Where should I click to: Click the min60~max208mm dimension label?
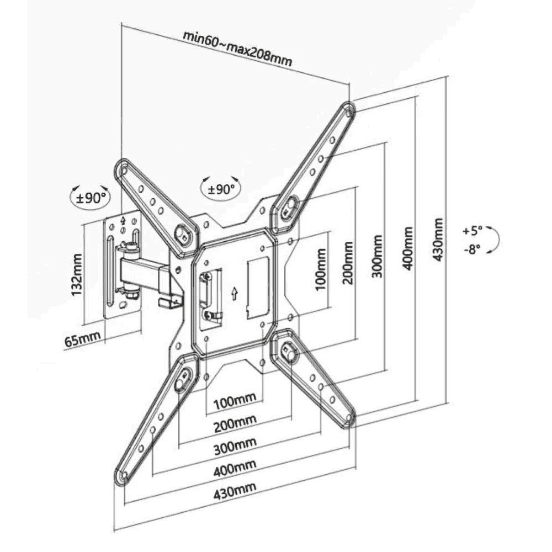pyautogui.click(x=237, y=49)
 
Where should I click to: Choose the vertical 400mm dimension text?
pyautogui.click(x=407, y=247)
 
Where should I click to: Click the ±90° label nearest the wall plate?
pyautogui.click(x=88, y=198)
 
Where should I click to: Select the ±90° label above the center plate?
pyautogui.click(x=221, y=188)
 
